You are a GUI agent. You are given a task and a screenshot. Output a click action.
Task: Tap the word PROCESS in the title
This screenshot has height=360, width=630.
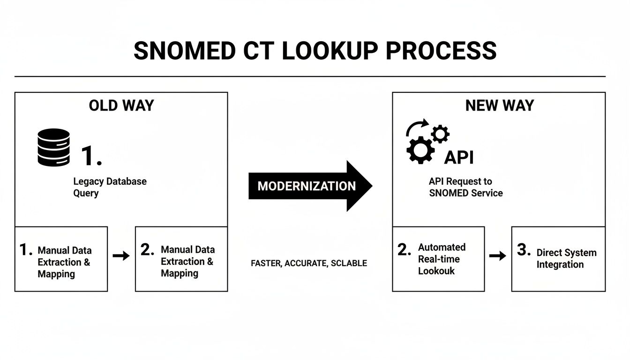point(441,51)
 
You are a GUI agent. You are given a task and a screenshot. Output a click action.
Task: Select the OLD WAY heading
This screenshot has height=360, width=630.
point(121,105)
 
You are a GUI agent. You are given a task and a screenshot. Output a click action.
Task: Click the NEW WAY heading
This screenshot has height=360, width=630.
point(499,105)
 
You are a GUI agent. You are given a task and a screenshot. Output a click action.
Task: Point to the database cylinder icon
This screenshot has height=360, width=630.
point(54,147)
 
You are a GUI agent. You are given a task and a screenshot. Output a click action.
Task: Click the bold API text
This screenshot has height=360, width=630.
point(458,157)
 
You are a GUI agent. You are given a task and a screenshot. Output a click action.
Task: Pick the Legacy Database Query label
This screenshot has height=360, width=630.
point(110,187)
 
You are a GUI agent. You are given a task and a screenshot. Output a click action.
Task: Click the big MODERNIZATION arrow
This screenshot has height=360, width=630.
point(310,186)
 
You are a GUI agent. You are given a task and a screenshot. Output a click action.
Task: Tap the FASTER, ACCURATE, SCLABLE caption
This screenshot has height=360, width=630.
point(309,263)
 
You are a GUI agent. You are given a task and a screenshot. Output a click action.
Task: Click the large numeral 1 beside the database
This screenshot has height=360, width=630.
point(91,156)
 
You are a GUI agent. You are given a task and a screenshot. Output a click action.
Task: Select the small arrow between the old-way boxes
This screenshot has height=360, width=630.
point(121,255)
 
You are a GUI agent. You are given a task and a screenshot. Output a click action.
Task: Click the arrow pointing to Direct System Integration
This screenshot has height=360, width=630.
point(497,255)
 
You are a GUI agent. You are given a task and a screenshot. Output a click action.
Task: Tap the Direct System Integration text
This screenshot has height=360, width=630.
point(566,258)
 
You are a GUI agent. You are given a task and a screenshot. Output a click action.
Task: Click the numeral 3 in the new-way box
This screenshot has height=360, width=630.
point(524,250)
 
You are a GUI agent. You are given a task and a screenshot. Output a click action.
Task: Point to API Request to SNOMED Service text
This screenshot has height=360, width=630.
point(465,187)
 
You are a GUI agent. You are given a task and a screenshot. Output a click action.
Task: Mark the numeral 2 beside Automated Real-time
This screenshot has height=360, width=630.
point(404,250)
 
